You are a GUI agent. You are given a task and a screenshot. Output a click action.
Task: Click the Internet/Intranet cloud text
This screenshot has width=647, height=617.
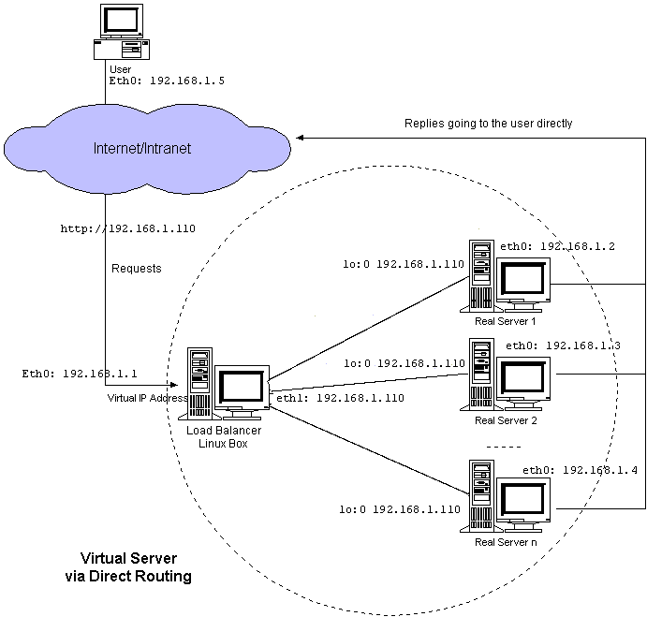click(x=141, y=148)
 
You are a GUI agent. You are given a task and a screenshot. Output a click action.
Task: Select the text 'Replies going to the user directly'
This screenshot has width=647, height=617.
click(x=488, y=123)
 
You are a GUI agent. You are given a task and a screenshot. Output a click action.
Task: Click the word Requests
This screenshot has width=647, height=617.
click(x=137, y=269)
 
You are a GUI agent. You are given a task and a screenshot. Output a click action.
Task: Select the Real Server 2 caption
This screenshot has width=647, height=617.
click(x=506, y=420)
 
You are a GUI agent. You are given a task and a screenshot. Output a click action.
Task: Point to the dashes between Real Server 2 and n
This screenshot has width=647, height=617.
click(x=505, y=446)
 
